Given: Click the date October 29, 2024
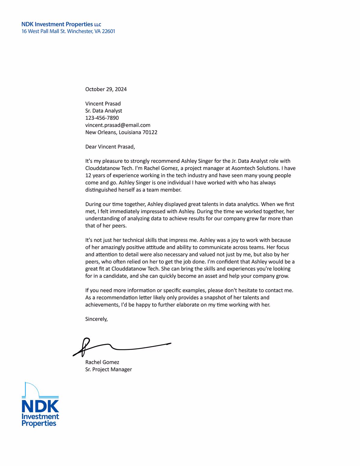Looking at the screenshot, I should point(106,89).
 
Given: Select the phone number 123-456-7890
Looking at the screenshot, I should point(102,118).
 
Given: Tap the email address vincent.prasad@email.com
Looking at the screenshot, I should point(118,125).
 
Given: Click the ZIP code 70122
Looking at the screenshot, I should point(150,132).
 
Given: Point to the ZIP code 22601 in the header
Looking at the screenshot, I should point(108,31).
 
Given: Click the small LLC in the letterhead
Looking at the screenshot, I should point(98,25).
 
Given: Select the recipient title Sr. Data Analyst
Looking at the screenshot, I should point(103,111).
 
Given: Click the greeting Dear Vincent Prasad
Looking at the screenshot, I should point(110,147).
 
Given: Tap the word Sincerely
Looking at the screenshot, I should point(96,319).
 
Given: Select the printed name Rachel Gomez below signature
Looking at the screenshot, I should point(102,362).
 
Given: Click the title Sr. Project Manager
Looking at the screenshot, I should point(108,369).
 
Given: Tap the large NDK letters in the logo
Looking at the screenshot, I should point(40,406).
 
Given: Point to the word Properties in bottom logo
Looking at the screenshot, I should point(39,423).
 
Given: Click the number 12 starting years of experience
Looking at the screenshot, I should point(88,176).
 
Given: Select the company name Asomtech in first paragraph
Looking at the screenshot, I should point(242,168).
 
